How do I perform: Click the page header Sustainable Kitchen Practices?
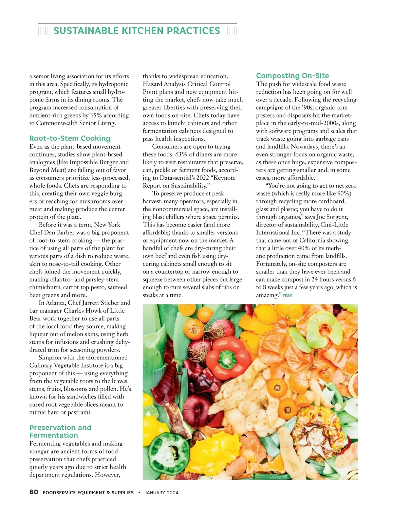(x=137, y=31)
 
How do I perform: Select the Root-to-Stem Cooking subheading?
(x=70, y=138)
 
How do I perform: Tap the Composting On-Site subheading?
(x=292, y=76)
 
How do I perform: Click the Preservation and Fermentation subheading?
(x=60, y=431)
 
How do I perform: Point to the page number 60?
(x=34, y=492)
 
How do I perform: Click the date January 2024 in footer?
(x=162, y=492)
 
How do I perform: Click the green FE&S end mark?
(x=287, y=296)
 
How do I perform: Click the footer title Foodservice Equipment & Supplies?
(x=88, y=492)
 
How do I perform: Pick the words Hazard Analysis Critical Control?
(x=187, y=84)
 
